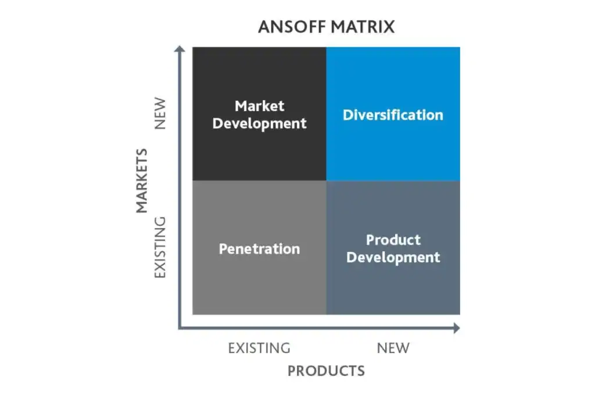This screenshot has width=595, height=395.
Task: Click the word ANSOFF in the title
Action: point(292,27)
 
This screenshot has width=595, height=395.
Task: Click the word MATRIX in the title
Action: point(363,27)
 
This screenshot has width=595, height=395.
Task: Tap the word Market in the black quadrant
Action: point(260,106)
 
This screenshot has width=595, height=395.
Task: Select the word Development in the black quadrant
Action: point(260,124)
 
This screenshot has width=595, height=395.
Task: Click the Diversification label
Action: point(393,115)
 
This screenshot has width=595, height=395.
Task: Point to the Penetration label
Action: point(260,249)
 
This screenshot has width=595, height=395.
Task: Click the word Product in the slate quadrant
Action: point(393,240)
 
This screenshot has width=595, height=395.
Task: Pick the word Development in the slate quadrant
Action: point(393,258)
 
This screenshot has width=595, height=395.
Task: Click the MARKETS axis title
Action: point(142,181)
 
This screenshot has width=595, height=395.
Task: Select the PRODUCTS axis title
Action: point(327,371)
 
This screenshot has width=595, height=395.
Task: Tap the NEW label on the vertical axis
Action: point(160,113)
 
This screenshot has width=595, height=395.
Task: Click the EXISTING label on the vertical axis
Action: point(160,247)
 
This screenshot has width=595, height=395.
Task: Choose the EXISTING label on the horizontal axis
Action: point(259,348)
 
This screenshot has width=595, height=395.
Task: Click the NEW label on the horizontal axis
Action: point(393,348)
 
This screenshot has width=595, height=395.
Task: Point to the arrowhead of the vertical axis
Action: point(180,49)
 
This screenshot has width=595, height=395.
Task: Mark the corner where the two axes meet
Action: point(180,328)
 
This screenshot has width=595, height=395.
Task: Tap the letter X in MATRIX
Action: point(388,27)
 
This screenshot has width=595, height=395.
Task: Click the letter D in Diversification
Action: point(348,115)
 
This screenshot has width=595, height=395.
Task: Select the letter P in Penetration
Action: point(223,249)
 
